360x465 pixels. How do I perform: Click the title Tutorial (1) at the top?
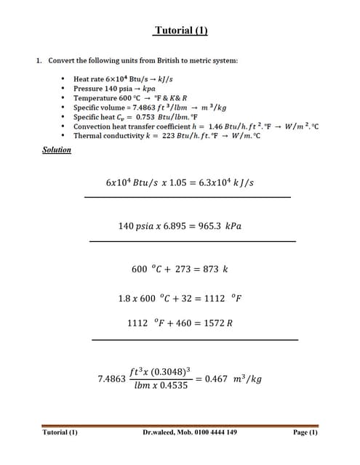(x=180, y=31)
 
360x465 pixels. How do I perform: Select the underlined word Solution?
(x=57, y=150)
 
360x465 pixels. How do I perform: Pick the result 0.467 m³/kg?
(x=233, y=379)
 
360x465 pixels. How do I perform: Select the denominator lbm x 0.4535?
(x=161, y=386)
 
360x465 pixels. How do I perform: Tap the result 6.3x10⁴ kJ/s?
(x=227, y=182)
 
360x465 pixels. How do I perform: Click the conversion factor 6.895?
(x=176, y=226)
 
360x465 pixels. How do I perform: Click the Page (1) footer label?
(x=305, y=432)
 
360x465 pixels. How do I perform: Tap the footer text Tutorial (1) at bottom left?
(x=60, y=432)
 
